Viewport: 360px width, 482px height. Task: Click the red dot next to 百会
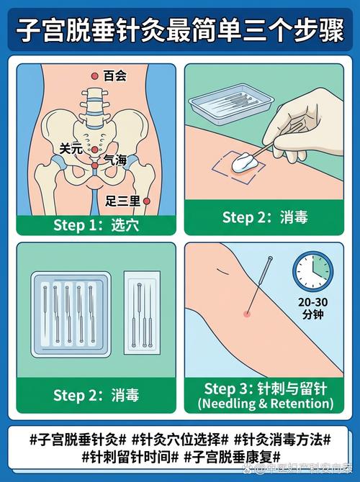pos(94,76)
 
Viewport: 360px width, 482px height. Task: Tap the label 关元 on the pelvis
pos(71,148)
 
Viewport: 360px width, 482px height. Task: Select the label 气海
pos(115,160)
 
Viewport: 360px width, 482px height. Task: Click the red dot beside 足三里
pos(146,201)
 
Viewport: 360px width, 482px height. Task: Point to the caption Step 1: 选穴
pos(96,225)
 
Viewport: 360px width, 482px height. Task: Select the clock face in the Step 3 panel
pos(312,272)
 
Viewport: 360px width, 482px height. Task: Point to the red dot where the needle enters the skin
pos(246,314)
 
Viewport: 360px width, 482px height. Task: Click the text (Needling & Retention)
pos(266,404)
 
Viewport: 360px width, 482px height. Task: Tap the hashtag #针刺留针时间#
pos(128,456)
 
